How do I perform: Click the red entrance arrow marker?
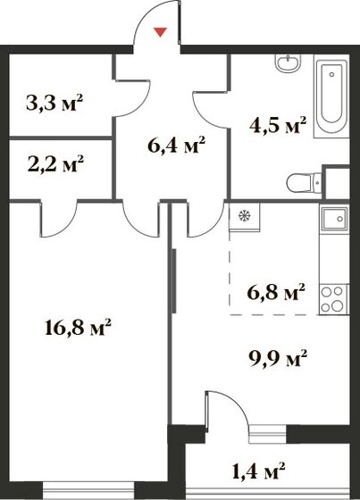pos(161,33)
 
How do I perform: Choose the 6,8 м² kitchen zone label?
pos(276,290)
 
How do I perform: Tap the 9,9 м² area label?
pos(278,359)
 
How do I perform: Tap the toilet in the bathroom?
pos(302,184)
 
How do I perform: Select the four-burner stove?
pos(334,299)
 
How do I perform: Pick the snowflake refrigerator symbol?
pos(242,215)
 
